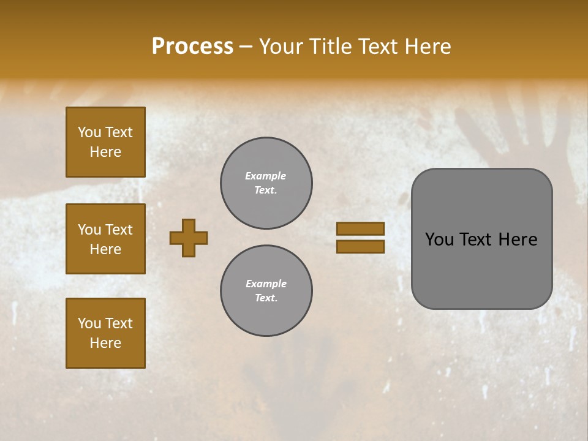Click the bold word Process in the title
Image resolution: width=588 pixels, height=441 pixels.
click(x=192, y=47)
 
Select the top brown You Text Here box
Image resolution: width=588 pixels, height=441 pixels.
click(x=105, y=142)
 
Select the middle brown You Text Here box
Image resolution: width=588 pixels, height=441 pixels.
click(x=105, y=239)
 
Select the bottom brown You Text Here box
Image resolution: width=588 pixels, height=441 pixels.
click(x=105, y=333)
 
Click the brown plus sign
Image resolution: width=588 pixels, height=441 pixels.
click(x=189, y=238)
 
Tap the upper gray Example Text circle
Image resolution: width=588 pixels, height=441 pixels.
click(x=266, y=183)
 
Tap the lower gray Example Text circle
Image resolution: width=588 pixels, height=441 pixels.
click(x=266, y=291)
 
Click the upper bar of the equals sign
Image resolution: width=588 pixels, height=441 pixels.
click(x=360, y=228)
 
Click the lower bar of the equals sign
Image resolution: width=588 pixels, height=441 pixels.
click(x=360, y=246)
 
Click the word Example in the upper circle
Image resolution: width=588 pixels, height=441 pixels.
click(x=266, y=176)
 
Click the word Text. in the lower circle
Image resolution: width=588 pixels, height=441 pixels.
click(x=266, y=298)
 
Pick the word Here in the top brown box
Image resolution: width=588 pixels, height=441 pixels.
click(x=105, y=152)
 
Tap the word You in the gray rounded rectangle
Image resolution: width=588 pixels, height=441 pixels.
click(x=439, y=239)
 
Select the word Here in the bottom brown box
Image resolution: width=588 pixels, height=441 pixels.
click(x=105, y=343)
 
